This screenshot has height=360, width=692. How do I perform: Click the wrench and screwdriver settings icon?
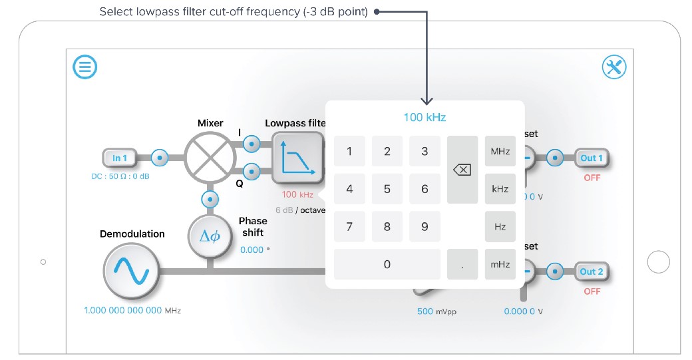pos(614,67)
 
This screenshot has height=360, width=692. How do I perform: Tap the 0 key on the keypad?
pos(387,264)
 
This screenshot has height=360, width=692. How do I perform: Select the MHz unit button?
pos(500,151)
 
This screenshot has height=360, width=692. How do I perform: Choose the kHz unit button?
pos(500,189)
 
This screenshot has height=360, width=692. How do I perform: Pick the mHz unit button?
pos(500,264)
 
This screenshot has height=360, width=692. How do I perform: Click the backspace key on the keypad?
pos(462,170)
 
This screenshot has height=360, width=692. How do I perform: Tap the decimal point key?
pos(462,264)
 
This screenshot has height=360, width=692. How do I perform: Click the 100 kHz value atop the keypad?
pos(425,118)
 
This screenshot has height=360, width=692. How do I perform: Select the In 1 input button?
pos(120,158)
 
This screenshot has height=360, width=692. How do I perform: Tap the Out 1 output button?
pos(592,158)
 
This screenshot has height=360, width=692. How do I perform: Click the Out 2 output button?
pos(592,271)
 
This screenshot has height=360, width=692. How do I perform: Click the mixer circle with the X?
pos(211,158)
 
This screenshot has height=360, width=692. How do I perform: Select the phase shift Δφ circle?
pos(210,236)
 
